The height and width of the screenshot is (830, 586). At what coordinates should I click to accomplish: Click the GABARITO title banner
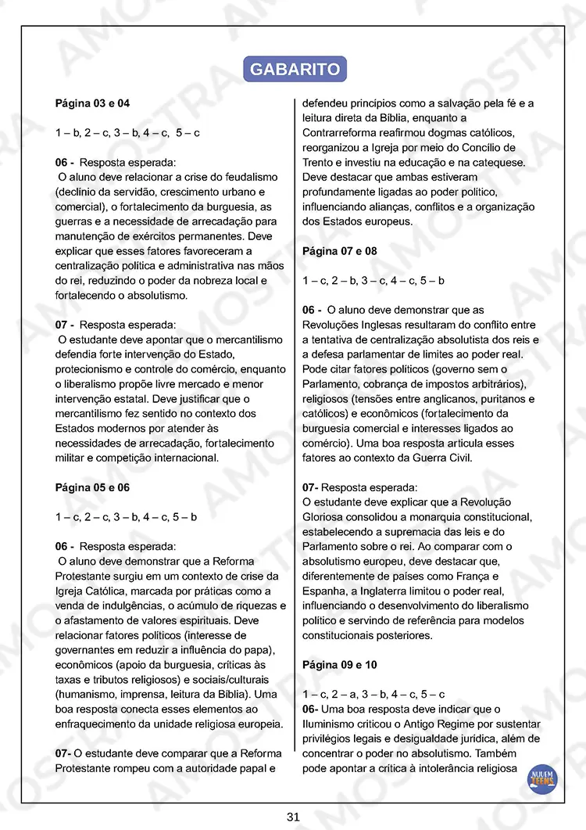(x=295, y=69)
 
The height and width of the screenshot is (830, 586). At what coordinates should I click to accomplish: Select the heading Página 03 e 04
(x=92, y=103)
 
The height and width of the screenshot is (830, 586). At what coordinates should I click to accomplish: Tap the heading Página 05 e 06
(x=92, y=487)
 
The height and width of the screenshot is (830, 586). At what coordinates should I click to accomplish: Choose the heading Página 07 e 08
(x=339, y=251)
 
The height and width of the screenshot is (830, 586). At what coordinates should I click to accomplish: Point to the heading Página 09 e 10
(x=339, y=665)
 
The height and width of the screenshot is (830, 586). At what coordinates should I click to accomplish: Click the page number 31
(x=293, y=817)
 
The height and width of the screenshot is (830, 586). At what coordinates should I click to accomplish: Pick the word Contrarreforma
(x=341, y=133)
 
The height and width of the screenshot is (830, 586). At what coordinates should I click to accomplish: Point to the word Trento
(x=317, y=163)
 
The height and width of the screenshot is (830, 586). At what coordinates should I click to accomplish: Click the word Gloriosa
(x=327, y=517)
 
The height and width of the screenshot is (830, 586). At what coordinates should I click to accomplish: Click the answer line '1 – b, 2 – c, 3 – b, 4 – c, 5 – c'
(x=127, y=133)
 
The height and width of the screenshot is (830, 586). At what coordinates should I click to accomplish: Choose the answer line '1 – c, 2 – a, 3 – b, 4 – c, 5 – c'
(x=373, y=694)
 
